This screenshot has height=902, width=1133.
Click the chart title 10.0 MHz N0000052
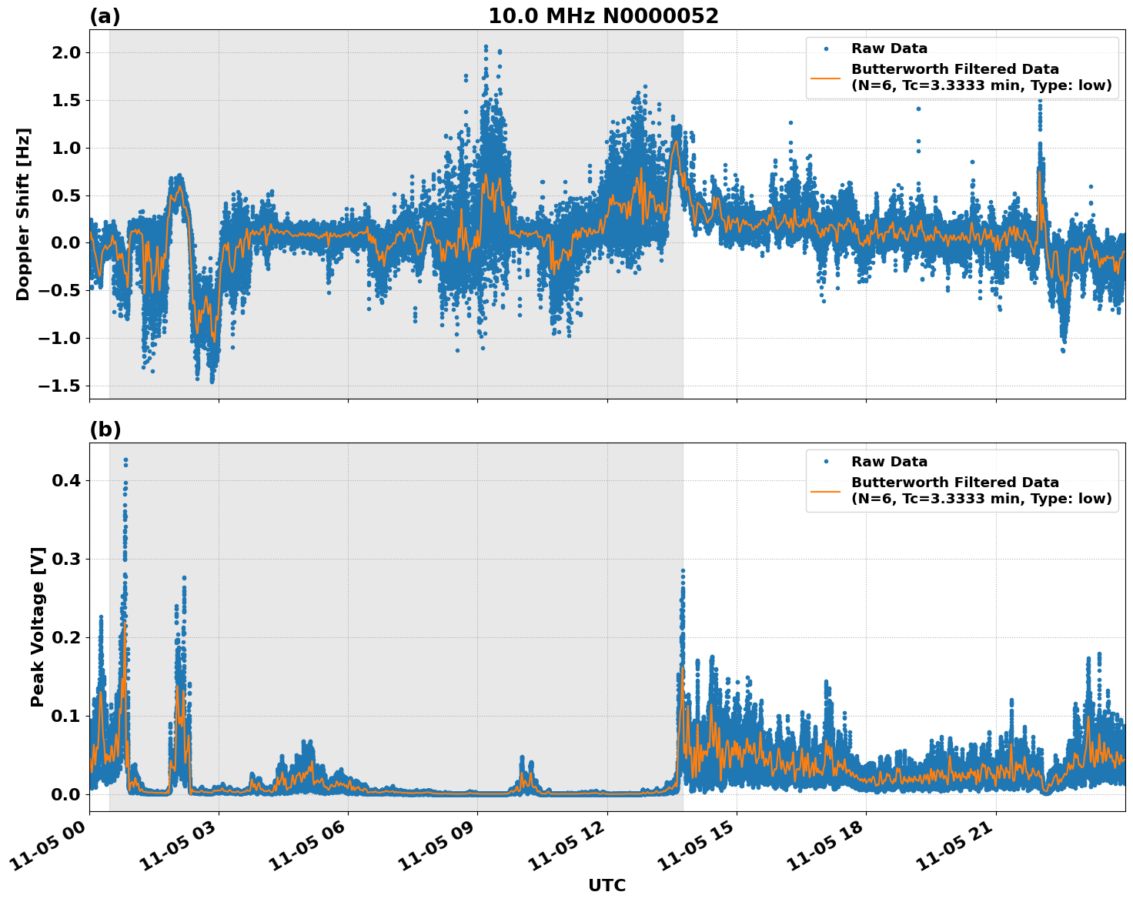click(x=603, y=16)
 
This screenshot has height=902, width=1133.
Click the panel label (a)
click(x=105, y=16)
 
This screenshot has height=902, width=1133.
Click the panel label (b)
click(x=105, y=429)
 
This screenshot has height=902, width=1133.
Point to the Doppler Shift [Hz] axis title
click(x=23, y=214)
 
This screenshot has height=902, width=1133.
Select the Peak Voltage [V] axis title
click(x=38, y=626)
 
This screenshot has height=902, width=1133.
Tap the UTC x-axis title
click(x=607, y=885)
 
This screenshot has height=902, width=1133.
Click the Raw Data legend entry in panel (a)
click(x=889, y=49)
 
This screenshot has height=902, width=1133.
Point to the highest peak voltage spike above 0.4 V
click(x=125, y=460)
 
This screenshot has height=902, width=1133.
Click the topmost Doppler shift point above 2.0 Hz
click(x=486, y=47)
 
